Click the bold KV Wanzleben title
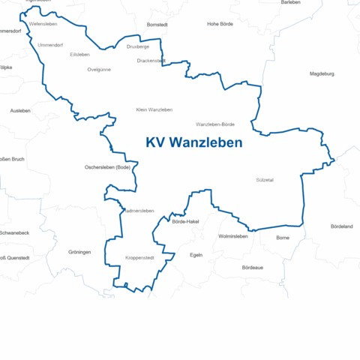(193, 142)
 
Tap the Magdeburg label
(321, 73)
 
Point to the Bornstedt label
(157, 25)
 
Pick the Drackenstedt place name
(151, 61)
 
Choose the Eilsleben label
(79, 55)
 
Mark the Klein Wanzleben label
(154, 109)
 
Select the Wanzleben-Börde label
(215, 124)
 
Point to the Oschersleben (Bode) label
(108, 167)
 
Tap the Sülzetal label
(265, 180)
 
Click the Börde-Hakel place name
(184, 222)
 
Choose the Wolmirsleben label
(232, 236)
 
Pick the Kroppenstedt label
(139, 258)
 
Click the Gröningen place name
(79, 252)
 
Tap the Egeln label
(196, 255)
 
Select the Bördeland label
(341, 226)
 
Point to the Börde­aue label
(252, 267)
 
